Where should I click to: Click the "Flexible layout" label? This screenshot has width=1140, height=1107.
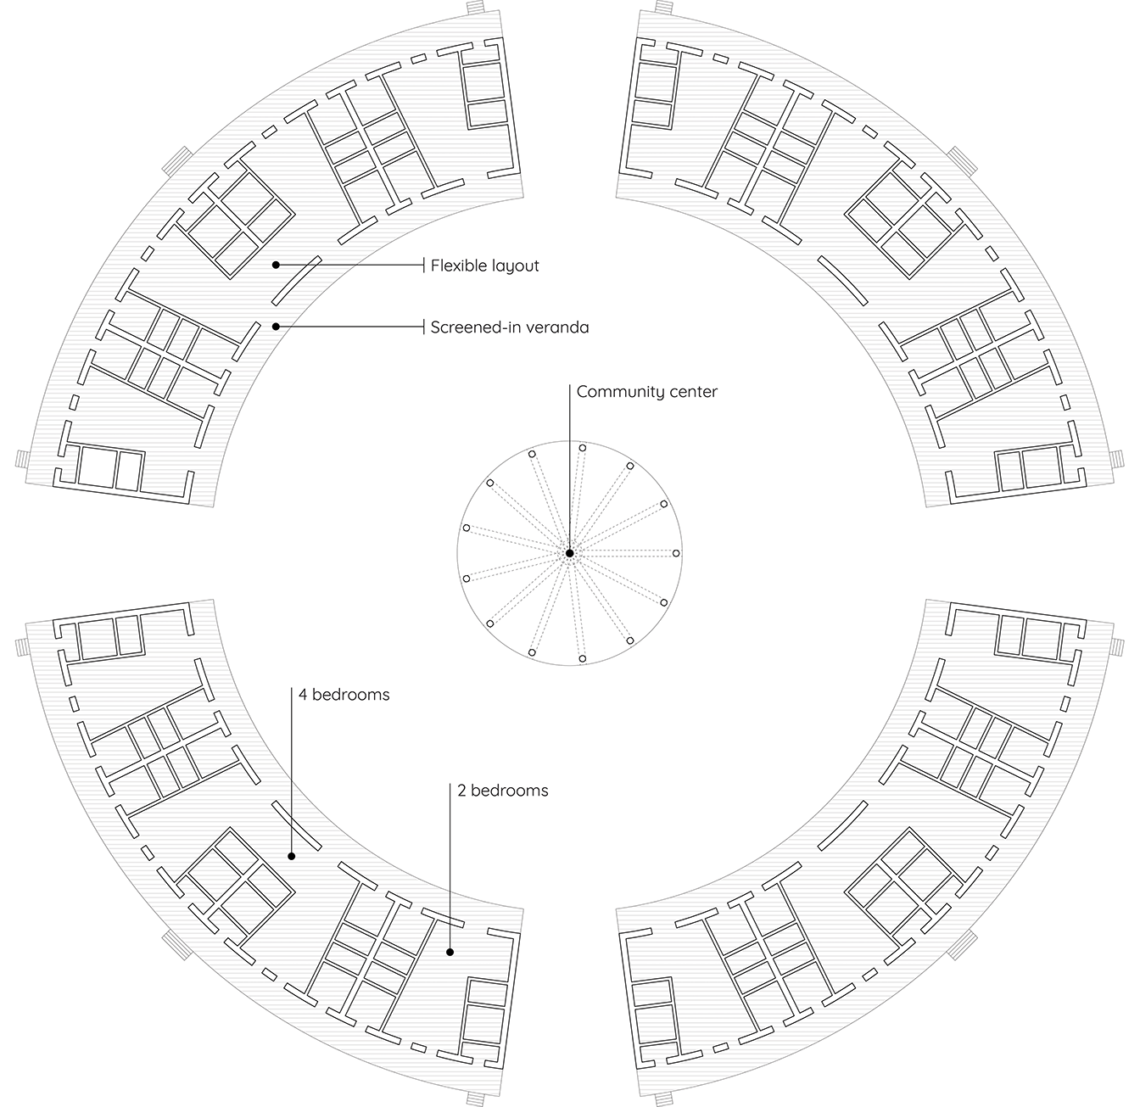[x=484, y=266]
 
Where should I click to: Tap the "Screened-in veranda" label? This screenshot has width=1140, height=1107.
[x=510, y=327]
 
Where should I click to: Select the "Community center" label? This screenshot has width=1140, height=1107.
[x=646, y=392]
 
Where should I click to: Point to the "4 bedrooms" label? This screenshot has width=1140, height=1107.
[x=344, y=695]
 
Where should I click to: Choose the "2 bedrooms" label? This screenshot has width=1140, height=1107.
[x=503, y=791]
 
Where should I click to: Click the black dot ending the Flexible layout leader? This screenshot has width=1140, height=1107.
[x=276, y=266]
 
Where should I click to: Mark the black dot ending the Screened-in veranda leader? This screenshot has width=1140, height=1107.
[x=276, y=327]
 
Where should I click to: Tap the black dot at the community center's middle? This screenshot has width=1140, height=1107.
[x=569, y=553]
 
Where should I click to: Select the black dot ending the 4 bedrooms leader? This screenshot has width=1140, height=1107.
[x=292, y=856]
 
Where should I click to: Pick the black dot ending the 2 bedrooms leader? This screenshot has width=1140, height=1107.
[x=450, y=953]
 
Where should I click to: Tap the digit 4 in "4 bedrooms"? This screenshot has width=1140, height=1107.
[x=303, y=695]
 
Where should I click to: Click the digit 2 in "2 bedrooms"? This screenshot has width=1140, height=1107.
[x=461, y=791]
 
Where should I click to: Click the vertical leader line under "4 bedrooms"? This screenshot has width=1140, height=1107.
[x=292, y=772]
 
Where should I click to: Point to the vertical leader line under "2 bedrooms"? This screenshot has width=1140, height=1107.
[x=450, y=868]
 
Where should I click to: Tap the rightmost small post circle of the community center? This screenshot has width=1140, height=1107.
[x=677, y=553]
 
